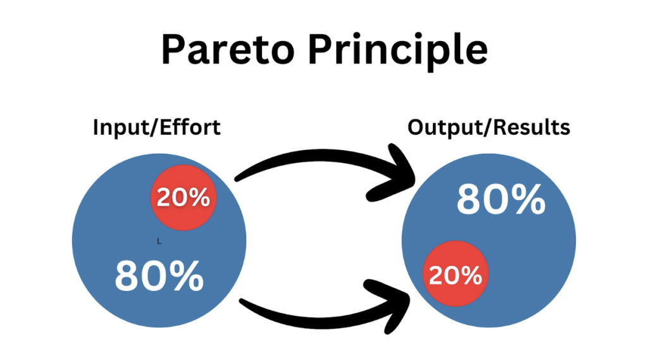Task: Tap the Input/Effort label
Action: click(156, 127)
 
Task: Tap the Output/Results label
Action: click(489, 127)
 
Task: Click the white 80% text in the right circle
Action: click(501, 200)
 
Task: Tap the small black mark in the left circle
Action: click(159, 241)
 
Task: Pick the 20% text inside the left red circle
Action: click(183, 198)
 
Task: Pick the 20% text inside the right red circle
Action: click(455, 275)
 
